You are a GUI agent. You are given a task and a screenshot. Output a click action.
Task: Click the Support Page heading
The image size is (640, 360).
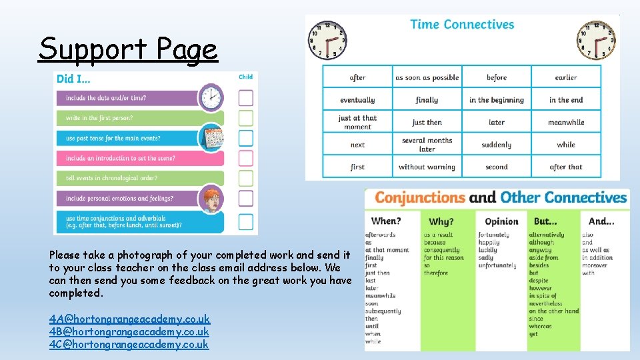coord(128,49)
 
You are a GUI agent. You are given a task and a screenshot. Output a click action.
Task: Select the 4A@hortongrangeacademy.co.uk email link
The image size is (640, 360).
coord(129,319)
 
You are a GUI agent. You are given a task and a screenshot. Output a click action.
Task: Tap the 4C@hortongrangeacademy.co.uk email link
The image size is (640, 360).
coord(129,345)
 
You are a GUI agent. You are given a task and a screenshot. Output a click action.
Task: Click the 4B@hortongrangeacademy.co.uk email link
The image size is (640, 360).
coord(129,332)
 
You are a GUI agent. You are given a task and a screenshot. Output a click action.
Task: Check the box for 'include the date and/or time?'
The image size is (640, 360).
coord(246,98)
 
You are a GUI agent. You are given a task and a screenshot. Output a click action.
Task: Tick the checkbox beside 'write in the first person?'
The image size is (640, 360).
coord(246,118)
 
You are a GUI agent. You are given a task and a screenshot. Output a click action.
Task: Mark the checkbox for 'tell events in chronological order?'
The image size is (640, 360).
coord(246,178)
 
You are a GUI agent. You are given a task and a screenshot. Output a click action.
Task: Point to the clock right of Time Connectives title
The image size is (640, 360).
coord(595,39)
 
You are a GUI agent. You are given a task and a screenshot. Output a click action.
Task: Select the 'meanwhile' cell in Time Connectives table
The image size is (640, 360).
coord(566,123)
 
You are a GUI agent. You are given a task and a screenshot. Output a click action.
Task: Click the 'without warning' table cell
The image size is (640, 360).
coord(427,167)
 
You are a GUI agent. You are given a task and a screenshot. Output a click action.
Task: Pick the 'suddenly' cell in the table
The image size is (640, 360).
coord(497,145)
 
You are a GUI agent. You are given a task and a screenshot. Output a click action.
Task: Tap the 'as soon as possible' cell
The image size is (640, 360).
coord(427,77)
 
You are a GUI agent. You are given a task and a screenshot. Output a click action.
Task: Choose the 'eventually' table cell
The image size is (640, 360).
coord(357,100)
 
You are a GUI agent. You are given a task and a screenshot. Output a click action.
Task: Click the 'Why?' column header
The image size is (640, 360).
coord(441,221)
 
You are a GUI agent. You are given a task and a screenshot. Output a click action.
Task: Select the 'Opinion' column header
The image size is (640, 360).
coord(501,221)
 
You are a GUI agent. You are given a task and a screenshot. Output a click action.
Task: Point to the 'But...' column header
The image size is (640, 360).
coord(546,221)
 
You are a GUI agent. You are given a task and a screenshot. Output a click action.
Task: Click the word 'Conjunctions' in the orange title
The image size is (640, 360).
coord(420,197)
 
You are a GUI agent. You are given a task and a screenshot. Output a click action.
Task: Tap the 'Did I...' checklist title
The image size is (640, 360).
coord(75,79)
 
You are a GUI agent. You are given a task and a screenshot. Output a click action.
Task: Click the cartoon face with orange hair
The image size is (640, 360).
coord(211,199)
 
